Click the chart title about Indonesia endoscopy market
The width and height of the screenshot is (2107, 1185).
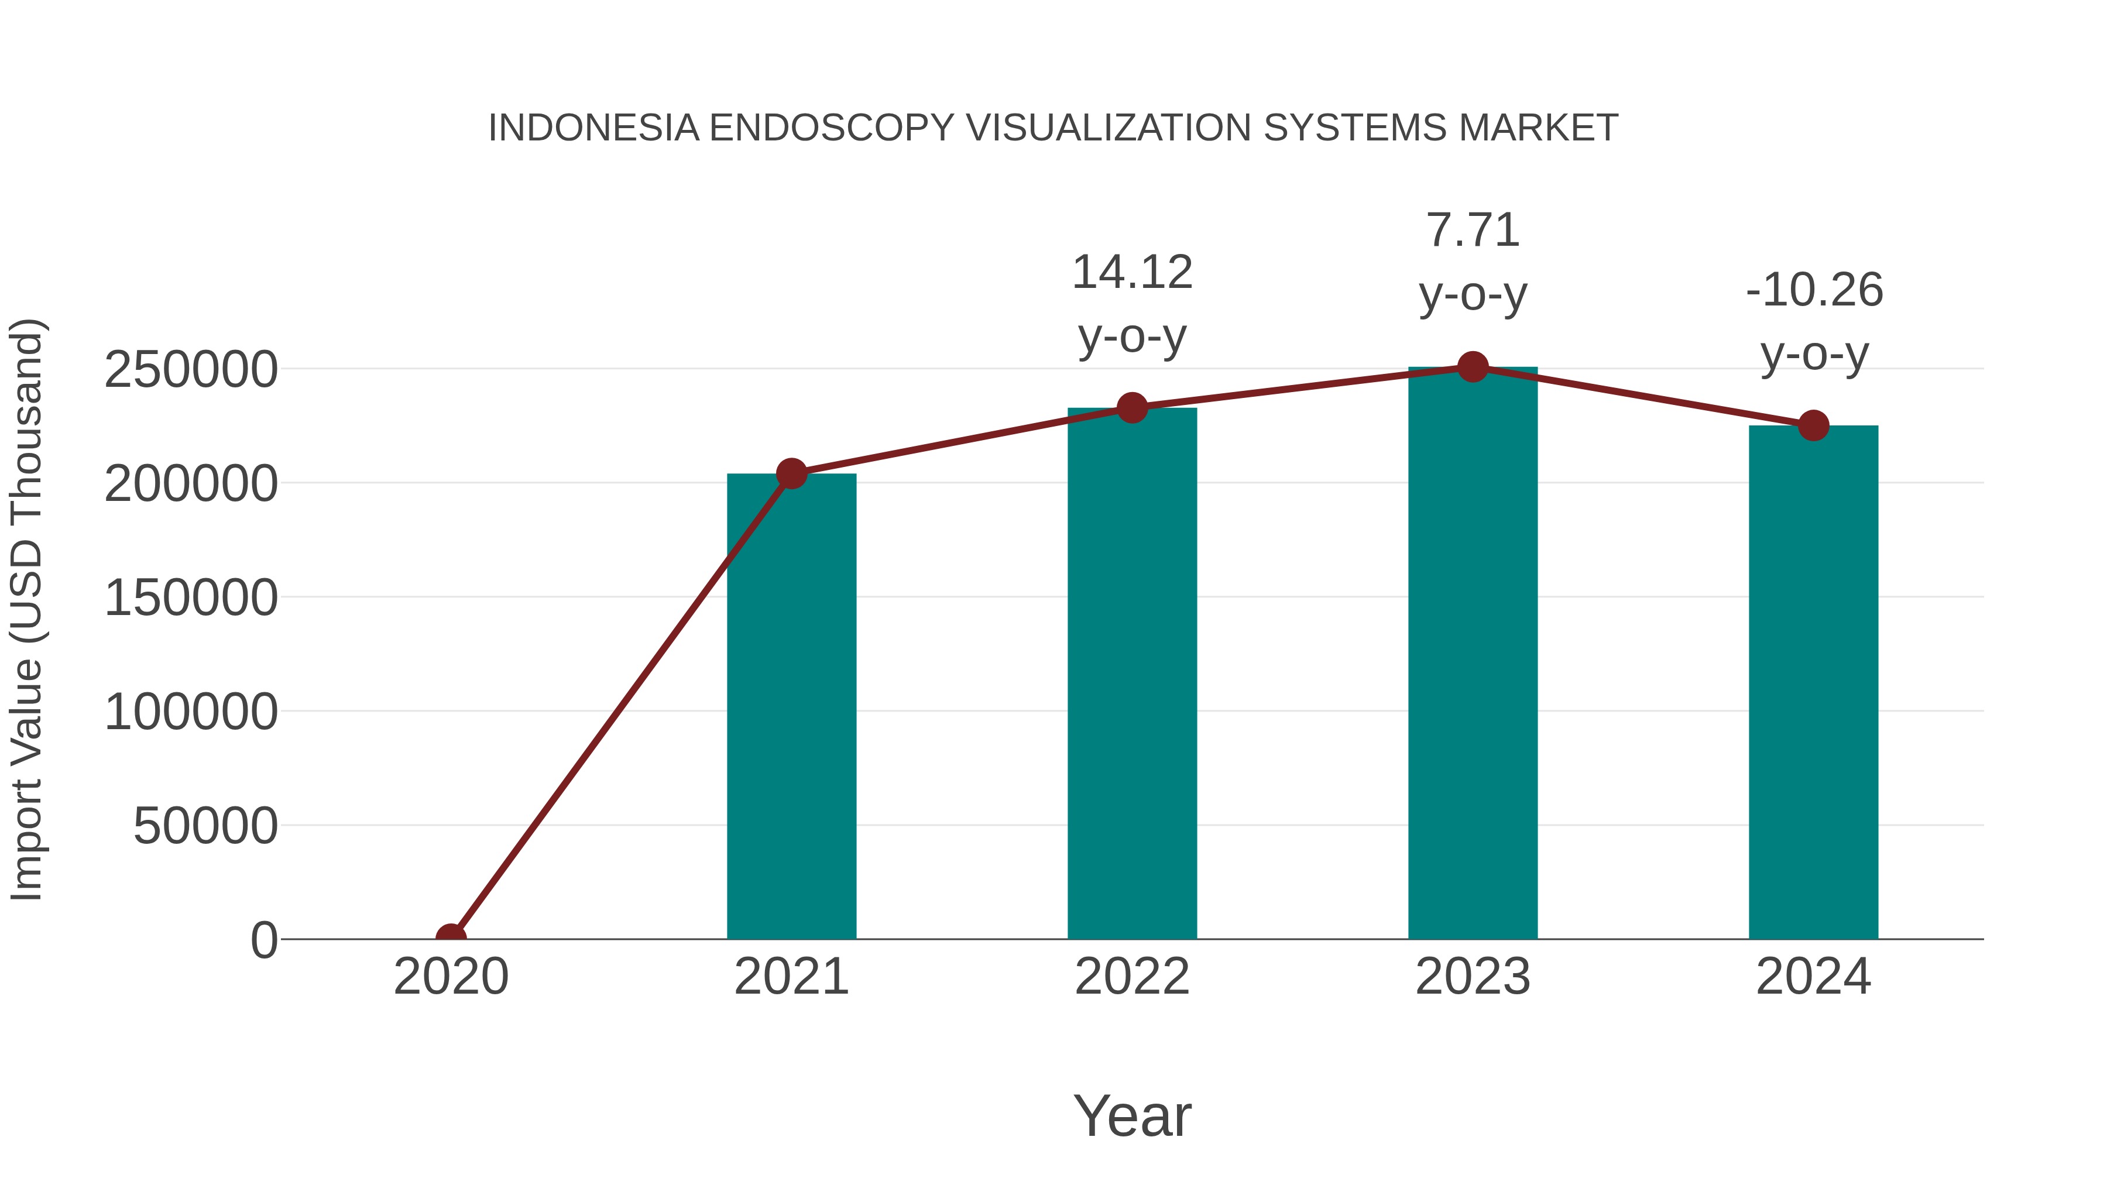click(1053, 128)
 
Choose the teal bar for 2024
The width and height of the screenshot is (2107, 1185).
click(1813, 682)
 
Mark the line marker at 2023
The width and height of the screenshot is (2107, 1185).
click(1473, 367)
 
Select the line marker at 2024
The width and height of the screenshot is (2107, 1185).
click(1813, 425)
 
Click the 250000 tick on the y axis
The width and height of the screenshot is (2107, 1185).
click(191, 370)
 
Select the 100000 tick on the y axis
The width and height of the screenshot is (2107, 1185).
click(191, 712)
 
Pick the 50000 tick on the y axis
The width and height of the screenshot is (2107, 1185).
click(205, 826)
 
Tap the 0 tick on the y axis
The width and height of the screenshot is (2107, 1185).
click(264, 940)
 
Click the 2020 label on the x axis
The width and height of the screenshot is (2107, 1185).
click(451, 977)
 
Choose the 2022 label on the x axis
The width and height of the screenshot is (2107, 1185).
click(1132, 977)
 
